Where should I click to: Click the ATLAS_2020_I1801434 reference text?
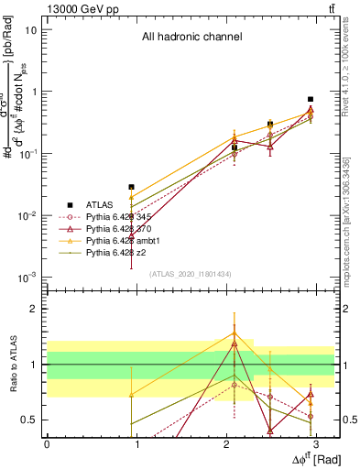pos(191,274)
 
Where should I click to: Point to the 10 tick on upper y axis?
pos(30,29)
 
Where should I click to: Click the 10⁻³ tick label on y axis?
pos(27,278)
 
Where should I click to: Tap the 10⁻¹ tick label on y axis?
pos(27,154)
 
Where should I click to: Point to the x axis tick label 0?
pos(47,443)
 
